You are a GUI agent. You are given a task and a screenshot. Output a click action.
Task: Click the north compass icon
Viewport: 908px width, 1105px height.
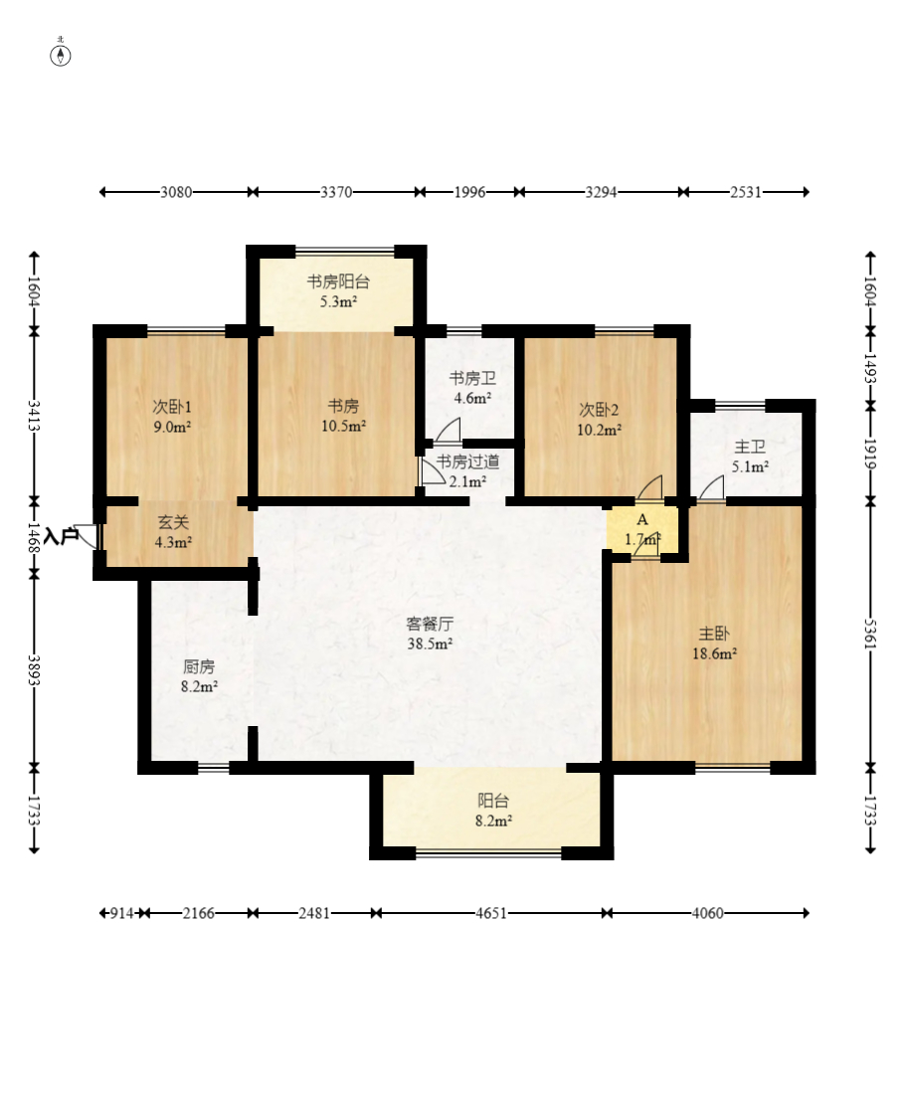click(61, 55)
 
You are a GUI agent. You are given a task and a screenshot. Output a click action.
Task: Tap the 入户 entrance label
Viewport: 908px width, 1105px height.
click(61, 535)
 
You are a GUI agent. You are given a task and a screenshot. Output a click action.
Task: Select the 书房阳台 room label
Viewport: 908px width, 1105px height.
click(338, 281)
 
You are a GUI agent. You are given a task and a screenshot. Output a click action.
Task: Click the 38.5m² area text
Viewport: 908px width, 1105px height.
click(430, 644)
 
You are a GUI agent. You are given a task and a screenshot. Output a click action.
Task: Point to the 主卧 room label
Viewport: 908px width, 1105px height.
click(714, 634)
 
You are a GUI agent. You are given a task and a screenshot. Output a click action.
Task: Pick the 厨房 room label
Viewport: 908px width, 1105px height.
click(199, 666)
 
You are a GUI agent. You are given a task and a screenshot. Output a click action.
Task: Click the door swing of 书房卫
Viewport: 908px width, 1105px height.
click(448, 431)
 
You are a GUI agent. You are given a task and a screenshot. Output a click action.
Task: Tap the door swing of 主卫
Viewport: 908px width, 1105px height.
click(711, 488)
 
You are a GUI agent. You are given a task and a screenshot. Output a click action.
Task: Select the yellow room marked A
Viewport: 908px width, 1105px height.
click(642, 528)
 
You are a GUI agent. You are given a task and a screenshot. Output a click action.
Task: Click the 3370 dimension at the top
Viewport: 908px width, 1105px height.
click(336, 192)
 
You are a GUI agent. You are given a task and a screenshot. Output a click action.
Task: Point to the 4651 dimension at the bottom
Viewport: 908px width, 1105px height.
click(491, 913)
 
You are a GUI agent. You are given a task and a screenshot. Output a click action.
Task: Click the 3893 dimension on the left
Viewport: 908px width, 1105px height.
click(34, 669)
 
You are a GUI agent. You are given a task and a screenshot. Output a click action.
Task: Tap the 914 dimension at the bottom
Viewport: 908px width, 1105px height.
click(122, 913)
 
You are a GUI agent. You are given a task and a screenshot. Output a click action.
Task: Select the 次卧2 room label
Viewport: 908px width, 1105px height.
click(599, 410)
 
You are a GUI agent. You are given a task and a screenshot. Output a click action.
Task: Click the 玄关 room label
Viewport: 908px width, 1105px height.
click(173, 522)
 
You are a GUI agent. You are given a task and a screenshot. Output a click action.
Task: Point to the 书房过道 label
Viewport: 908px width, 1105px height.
click(467, 461)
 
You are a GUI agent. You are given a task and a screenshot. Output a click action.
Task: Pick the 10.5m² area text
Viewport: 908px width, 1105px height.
click(344, 426)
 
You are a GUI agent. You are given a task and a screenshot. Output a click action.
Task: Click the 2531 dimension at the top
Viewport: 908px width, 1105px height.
click(745, 192)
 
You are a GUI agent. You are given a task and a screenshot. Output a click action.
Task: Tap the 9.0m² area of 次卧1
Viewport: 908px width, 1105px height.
click(173, 427)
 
